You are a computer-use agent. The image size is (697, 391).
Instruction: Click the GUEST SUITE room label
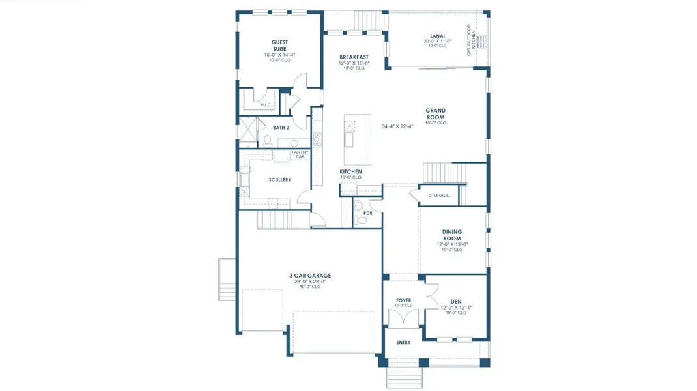tap(279, 46)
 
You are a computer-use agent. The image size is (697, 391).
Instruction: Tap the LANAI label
tap(437, 36)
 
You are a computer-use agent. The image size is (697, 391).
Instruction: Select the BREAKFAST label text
tap(354, 57)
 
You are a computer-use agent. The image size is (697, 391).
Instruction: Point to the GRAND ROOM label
tap(435, 114)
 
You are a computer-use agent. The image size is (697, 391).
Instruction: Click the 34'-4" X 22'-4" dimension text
tap(397, 127)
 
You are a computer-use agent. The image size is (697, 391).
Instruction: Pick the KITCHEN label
tap(350, 172)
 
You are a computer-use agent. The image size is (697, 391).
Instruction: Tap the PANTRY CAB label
tap(300, 154)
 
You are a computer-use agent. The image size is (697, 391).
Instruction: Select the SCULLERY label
tap(279, 180)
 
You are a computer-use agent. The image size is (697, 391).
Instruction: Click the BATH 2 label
tap(281, 128)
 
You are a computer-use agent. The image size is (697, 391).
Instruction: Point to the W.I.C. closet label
tap(265, 104)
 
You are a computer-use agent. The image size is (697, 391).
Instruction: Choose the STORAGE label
tap(438, 195)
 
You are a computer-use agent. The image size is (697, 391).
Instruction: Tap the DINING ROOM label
tap(452, 235)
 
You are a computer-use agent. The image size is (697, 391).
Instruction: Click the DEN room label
tap(456, 301)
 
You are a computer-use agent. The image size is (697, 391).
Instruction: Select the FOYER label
tap(404, 300)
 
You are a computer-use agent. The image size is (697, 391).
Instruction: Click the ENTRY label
tap(403, 342)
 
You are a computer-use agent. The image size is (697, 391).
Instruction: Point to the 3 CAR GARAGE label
tap(310, 276)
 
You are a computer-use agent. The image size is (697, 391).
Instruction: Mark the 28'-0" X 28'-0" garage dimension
tap(310, 282)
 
